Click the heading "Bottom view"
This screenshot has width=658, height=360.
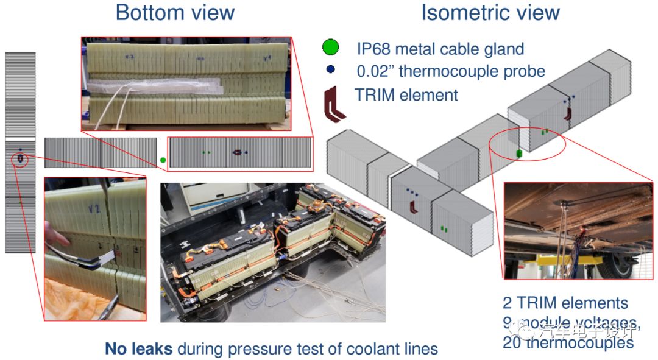175,13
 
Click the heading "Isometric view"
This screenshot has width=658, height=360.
490,13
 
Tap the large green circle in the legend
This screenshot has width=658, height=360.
331,47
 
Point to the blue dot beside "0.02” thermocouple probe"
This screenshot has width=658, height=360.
331,70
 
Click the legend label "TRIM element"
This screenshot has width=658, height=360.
406,95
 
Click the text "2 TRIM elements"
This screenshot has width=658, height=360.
565,303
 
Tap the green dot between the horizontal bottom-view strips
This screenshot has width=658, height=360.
162,160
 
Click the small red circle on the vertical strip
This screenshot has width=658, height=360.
21,159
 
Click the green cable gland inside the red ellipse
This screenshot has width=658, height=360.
519,153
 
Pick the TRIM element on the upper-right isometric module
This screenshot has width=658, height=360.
568,112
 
